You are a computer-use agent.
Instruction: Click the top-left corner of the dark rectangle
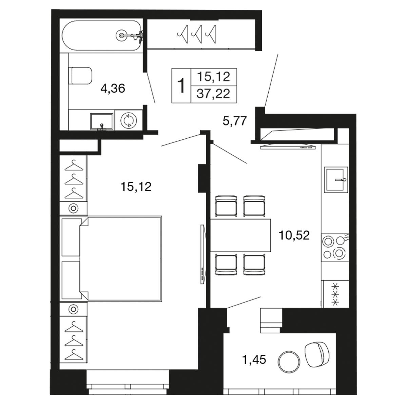click(50, 9)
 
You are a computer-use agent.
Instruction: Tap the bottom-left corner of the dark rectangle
click(50, 395)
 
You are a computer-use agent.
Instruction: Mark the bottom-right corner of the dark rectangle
click(357, 395)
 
